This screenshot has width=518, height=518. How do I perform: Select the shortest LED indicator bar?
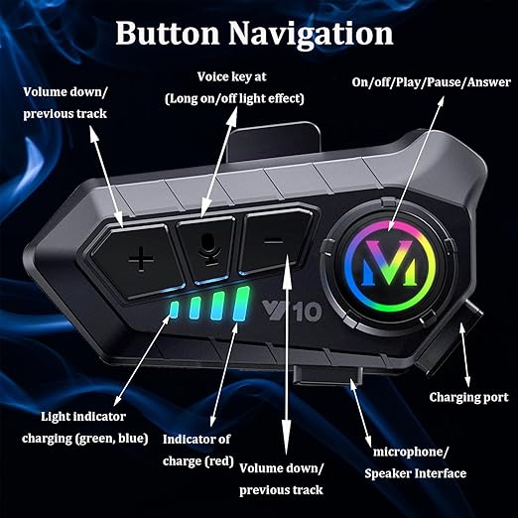pyautogui.click(x=174, y=310)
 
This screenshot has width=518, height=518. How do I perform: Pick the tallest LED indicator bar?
pyautogui.click(x=241, y=304)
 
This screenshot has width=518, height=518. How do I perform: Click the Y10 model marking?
pyautogui.click(x=292, y=311)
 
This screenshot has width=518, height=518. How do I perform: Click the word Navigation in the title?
pyautogui.click(x=311, y=34)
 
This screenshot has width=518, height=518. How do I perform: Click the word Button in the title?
pyautogui.click(x=168, y=33)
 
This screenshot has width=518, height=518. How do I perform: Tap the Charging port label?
pyautogui.click(x=468, y=397)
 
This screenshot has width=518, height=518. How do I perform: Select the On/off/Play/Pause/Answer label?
pyautogui.click(x=431, y=82)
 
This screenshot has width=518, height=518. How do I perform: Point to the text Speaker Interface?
pyautogui.click(x=416, y=473)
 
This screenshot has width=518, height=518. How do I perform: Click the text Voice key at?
pyautogui.click(x=231, y=76)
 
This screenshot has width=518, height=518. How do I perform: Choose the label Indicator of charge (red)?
pyautogui.click(x=197, y=450)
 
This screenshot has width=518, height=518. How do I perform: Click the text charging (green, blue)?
pyautogui.click(x=84, y=439)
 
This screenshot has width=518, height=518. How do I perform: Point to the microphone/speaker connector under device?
pyautogui.click(x=327, y=375)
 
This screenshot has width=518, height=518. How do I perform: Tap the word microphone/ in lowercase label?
pyautogui.click(x=411, y=452)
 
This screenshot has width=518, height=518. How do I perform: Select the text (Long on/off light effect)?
pyautogui.click(x=234, y=98)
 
